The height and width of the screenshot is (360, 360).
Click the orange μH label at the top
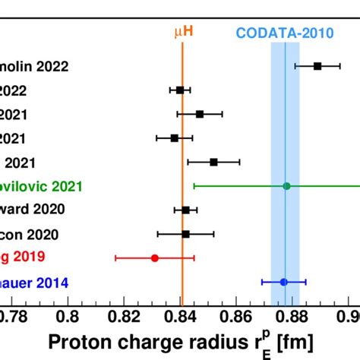tap(183, 32)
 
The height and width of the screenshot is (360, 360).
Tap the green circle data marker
tap(286, 185)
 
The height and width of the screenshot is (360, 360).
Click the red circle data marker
tap(155, 258)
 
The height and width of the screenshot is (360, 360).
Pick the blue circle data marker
tap(284, 282)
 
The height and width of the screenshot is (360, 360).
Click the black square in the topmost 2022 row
tap(317, 66)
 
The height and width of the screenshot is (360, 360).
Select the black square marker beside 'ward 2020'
tap(185, 210)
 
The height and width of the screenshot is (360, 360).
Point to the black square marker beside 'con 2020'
tap(185, 234)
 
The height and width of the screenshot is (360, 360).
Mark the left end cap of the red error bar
tap(115, 258)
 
